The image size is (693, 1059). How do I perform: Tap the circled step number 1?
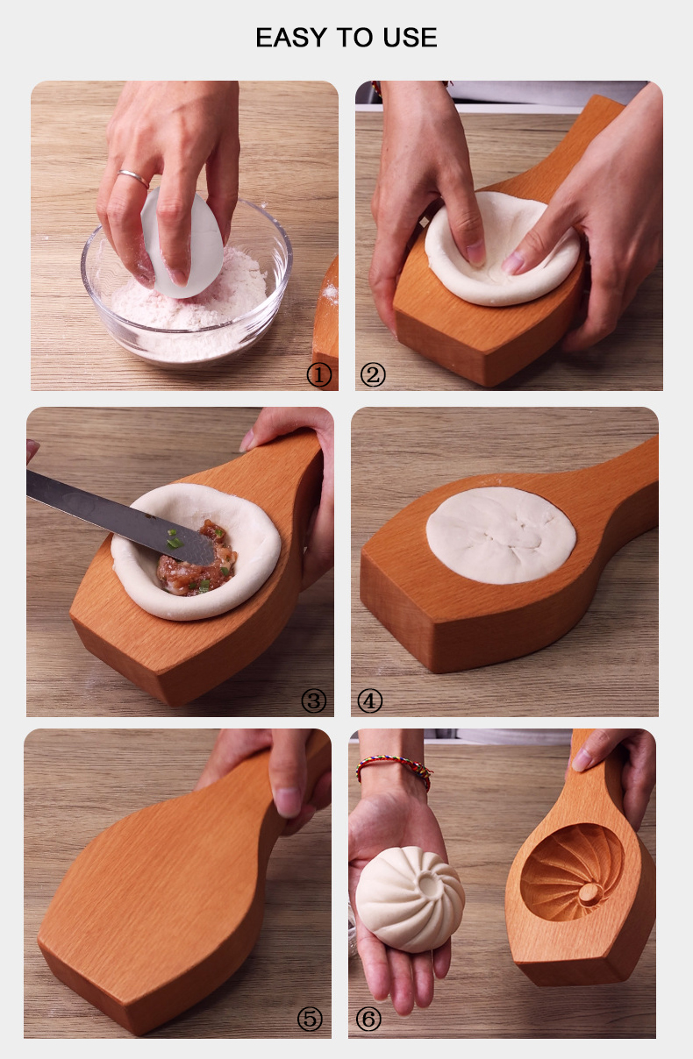click(319, 375)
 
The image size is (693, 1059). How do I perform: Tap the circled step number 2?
click(373, 375)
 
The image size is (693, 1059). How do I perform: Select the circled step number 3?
click(313, 700)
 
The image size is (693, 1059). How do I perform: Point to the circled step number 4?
click(369, 700)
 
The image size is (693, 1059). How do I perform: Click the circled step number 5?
click(310, 1019)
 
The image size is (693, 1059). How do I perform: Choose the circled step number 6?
click(368, 1019)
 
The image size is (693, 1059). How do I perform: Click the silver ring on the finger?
click(133, 178)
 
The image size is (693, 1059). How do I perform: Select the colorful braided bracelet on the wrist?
click(395, 769)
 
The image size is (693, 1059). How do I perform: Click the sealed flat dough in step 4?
click(500, 535)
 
